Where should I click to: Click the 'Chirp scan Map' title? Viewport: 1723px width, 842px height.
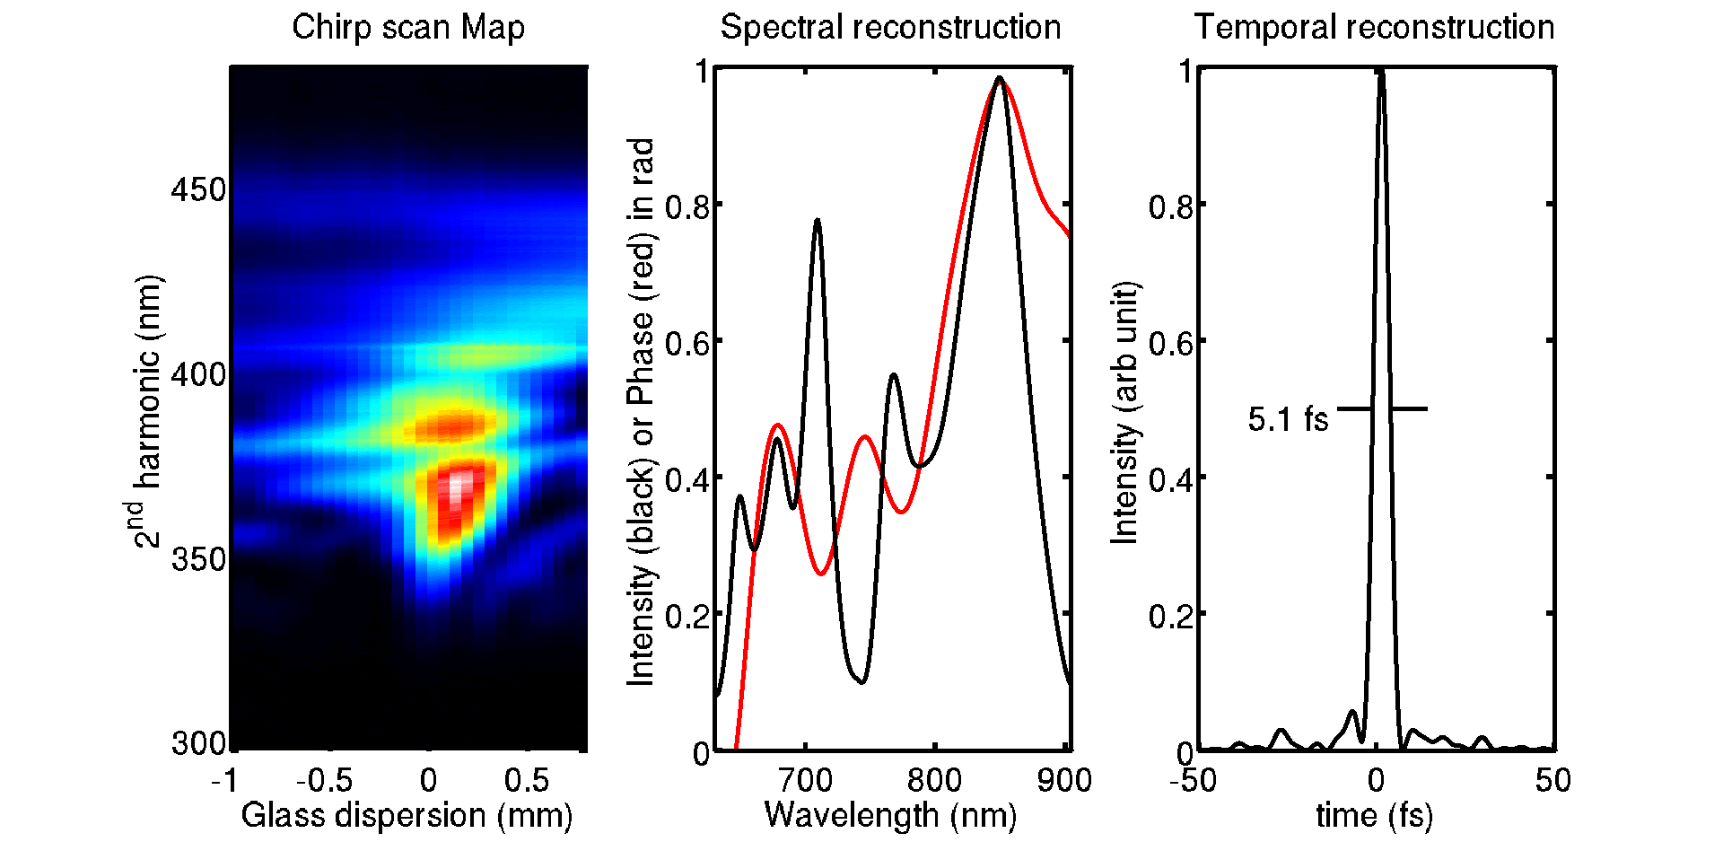click(408, 27)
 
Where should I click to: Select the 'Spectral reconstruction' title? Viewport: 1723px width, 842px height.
click(890, 27)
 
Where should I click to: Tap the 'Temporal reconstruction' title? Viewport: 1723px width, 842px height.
click(1374, 27)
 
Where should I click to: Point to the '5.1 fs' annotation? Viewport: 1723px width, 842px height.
click(1288, 419)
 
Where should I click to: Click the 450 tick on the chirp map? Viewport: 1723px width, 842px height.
click(198, 189)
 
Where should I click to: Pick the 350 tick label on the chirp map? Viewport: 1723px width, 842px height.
click(198, 559)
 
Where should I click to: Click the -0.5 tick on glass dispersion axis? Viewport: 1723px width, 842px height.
click(324, 780)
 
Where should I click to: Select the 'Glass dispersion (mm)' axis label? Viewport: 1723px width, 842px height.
click(407, 815)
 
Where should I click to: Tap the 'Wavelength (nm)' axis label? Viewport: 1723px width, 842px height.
click(890, 815)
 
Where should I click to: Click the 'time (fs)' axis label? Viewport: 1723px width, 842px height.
click(1374, 815)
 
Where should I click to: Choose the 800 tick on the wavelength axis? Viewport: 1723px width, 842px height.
click(934, 780)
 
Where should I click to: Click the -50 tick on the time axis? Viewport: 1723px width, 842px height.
click(1193, 780)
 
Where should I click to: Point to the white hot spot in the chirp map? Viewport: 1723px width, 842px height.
click(459, 485)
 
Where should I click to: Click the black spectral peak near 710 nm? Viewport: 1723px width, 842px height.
click(817, 220)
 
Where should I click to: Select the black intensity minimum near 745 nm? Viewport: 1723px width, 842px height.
click(861, 682)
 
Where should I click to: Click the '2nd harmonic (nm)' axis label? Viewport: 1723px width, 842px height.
click(144, 411)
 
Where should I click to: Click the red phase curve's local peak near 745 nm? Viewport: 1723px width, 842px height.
click(865, 436)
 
